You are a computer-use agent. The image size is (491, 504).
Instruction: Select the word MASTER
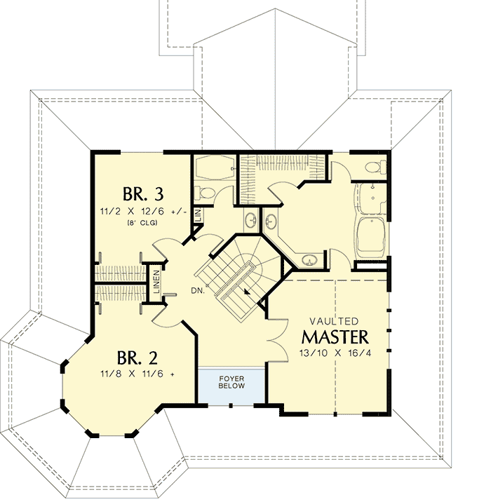335,334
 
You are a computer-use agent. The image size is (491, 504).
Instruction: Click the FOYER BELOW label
231,381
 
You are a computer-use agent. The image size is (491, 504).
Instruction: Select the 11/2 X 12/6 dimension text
143,210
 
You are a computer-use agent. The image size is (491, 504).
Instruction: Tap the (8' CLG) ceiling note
142,223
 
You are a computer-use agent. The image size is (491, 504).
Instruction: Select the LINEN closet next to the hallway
157,282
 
